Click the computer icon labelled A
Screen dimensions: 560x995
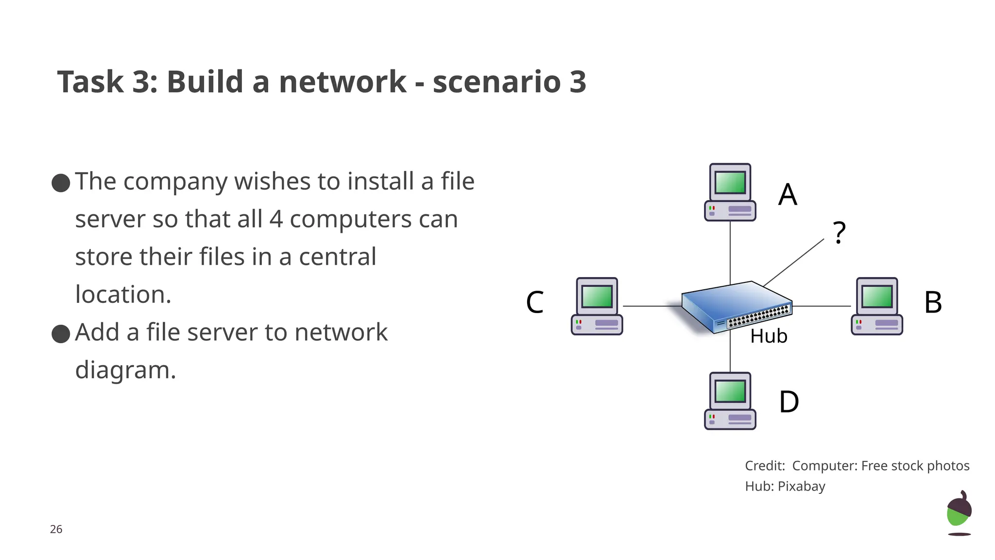pos(730,192)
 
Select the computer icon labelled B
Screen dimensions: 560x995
pos(876,306)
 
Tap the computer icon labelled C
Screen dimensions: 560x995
pos(597,306)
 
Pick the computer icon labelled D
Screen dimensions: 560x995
pos(730,401)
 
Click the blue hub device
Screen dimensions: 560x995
pos(736,306)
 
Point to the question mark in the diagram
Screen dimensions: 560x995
pos(839,233)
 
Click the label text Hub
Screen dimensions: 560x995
pos(768,336)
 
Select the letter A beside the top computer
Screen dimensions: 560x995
pos(788,194)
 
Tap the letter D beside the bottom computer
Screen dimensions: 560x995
pos(789,402)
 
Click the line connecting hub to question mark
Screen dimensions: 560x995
pos(794,262)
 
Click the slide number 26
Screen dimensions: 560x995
pos(56,529)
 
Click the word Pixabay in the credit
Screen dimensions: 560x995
pos(801,486)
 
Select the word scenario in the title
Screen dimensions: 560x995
pos(497,82)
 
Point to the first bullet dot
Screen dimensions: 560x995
pos(61,183)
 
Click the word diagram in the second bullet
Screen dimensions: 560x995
pos(125,370)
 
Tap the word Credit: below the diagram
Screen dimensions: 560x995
pos(765,466)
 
